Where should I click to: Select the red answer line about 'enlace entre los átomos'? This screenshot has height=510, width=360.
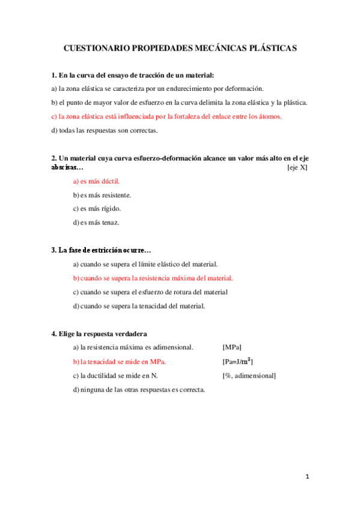[166, 116]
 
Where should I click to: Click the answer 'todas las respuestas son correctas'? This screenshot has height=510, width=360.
[105, 130]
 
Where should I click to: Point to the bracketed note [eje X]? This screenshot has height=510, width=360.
[297, 167]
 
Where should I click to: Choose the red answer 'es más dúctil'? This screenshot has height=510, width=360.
[96, 181]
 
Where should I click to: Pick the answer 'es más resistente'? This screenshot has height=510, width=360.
[102, 195]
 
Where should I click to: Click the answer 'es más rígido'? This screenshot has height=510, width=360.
[97, 209]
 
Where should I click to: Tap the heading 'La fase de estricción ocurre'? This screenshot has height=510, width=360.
[101, 250]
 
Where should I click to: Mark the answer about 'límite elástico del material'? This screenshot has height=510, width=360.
[145, 264]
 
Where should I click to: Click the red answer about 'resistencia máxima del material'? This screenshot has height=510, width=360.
[153, 278]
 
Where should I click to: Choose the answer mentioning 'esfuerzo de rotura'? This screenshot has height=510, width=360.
[150, 292]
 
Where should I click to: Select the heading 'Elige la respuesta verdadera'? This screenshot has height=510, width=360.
[99, 334]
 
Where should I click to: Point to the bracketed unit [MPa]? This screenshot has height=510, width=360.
[232, 347]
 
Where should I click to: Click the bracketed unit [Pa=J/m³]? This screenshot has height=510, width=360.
[237, 361]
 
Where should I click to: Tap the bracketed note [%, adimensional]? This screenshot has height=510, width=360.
[249, 376]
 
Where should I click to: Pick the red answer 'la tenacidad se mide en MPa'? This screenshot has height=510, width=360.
[119, 361]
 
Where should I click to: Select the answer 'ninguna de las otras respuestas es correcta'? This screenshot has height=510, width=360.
[139, 390]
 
